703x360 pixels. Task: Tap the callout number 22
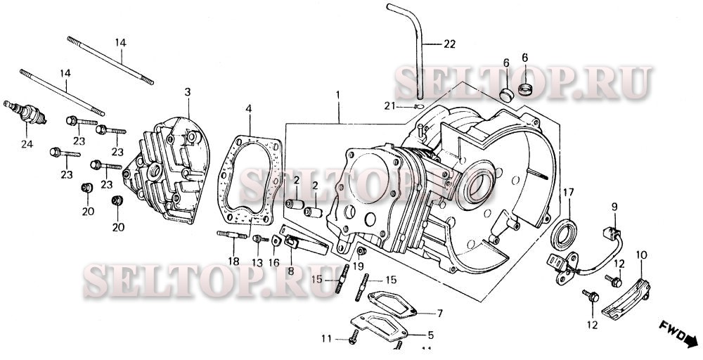[449, 44]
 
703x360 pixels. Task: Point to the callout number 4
[248, 109]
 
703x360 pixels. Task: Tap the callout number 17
[568, 192]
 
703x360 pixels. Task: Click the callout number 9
[613, 207]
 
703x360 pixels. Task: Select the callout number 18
[233, 262]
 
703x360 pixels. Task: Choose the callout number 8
[290, 270]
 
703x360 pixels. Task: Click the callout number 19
[358, 266]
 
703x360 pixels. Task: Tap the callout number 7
[439, 313]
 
